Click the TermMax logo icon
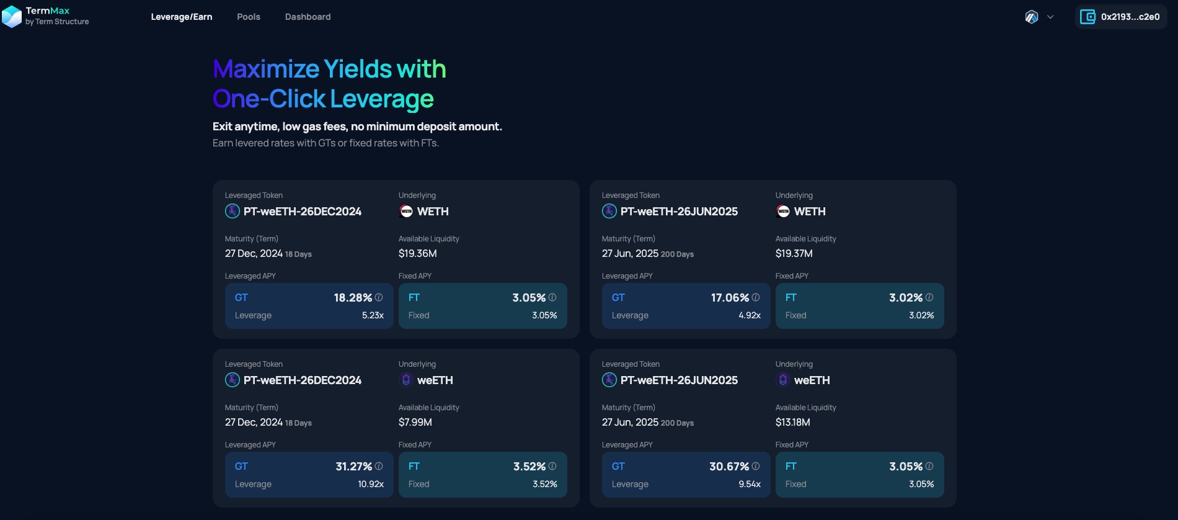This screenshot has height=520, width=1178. (12, 16)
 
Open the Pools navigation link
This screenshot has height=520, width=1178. (249, 17)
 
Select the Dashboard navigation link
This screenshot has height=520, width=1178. (308, 17)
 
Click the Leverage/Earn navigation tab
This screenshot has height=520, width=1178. (182, 17)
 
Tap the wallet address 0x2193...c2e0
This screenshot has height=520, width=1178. (1130, 17)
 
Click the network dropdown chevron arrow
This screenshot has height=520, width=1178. (1050, 17)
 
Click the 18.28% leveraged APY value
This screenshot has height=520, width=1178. (353, 298)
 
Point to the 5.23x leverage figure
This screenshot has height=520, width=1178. (373, 315)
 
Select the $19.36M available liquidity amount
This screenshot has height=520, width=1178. (417, 253)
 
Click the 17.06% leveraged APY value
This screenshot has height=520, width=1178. (730, 298)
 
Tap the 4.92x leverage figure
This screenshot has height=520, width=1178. (750, 315)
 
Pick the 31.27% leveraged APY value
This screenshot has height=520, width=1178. (353, 467)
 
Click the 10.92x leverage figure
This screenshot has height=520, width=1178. (371, 484)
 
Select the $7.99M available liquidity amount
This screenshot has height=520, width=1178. (415, 422)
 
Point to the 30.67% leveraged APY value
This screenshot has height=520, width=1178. (729, 467)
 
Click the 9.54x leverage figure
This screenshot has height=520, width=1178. (750, 484)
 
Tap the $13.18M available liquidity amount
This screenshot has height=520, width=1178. (792, 422)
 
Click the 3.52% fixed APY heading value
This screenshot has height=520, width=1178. (529, 467)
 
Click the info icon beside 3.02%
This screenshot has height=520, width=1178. (929, 298)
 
